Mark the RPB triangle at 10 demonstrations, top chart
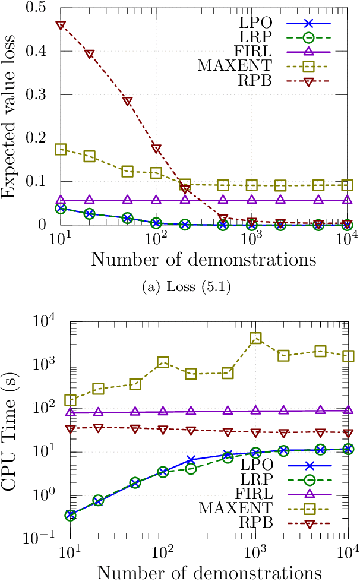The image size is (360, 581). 61,26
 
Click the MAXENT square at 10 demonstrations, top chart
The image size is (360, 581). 61,149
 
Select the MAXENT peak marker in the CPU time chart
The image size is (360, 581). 256,339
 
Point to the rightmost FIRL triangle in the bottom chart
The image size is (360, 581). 348,410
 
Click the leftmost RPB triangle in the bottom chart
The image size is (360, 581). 70,428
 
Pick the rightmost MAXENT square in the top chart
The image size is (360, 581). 348,185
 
